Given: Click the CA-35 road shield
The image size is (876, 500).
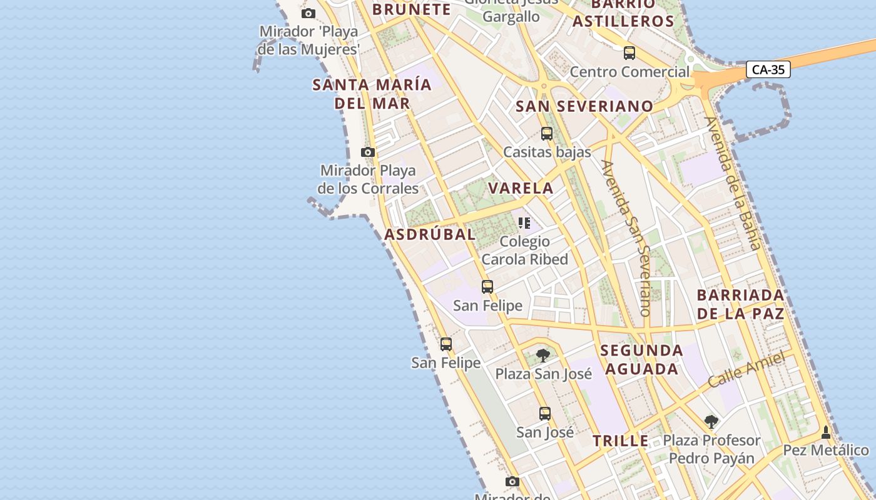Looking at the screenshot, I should pos(768,69).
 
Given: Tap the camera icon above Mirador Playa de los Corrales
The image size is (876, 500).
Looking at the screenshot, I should pos(368,152).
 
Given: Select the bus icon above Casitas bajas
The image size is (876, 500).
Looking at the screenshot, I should pos(546,133).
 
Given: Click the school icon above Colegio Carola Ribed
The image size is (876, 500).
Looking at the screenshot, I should pos(524,222).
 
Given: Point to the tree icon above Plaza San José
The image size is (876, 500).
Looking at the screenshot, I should pos(543,356).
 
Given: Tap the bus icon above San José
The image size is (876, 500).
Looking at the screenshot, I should pos(544,413).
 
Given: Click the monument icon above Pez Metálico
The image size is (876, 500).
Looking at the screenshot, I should pos(826,432).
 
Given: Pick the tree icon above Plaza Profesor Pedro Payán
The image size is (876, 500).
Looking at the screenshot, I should pos(711,422).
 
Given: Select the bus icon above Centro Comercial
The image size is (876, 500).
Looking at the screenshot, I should pos(629,53).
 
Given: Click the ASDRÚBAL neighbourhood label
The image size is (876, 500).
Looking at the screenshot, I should pos(430,235).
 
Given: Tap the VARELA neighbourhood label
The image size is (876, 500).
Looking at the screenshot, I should pos(521,188).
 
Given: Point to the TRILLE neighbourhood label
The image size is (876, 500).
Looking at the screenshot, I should pos(621,441).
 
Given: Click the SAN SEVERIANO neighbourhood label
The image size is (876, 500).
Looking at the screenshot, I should pos(584,106).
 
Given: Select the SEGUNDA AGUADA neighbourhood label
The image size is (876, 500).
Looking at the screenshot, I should pos(641,359).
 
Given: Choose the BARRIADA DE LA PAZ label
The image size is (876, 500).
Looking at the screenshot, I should pos(740,304).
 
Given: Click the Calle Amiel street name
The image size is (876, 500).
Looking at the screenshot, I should pos(746,369).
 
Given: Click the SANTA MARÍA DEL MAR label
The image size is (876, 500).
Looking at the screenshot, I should pos(372,94).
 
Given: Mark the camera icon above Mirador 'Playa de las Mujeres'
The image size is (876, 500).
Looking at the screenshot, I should pos(308,13).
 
